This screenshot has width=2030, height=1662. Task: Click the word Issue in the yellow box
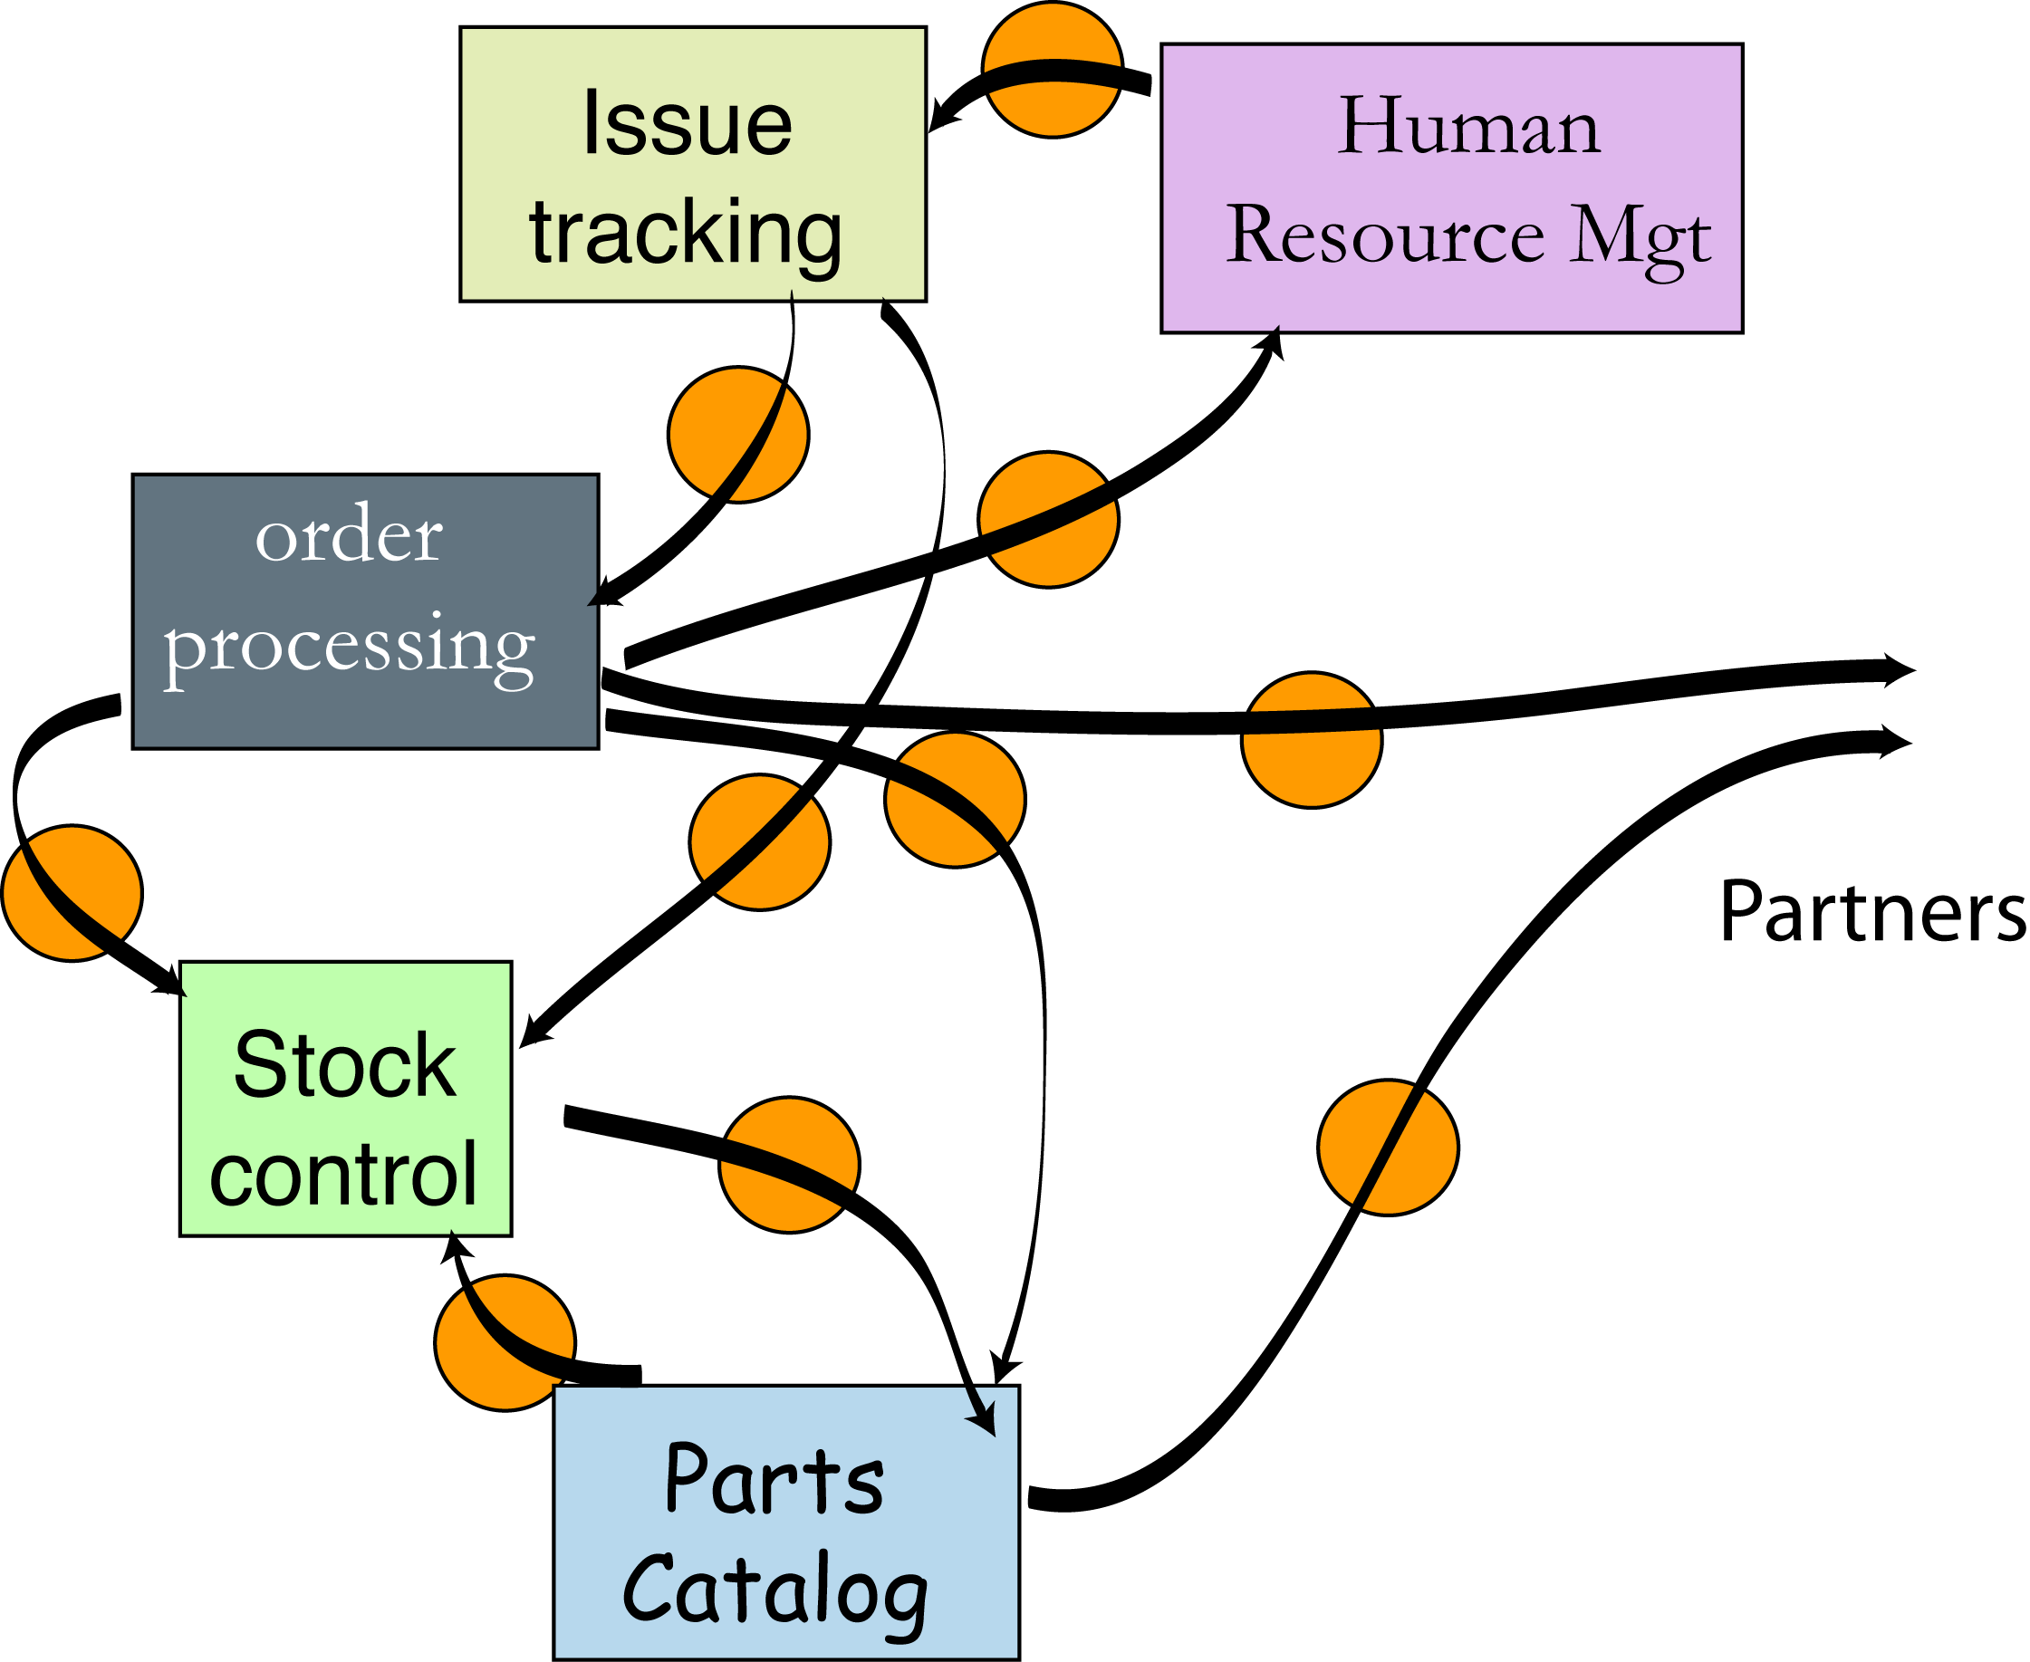coord(687,124)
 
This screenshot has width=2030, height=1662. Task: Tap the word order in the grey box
coord(349,535)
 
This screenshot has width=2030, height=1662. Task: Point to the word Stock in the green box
coord(345,1065)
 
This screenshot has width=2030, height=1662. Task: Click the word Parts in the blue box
coord(774,1479)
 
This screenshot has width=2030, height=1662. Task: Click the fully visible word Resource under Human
coord(1385,235)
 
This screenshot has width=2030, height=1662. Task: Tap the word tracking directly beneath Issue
coord(686,234)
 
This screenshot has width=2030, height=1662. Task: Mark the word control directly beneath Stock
coord(342,1175)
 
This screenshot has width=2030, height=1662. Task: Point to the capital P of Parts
coord(688,1479)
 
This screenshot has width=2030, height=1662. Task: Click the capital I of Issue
coord(591,124)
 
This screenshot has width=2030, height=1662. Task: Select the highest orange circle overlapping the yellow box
coord(738,434)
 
